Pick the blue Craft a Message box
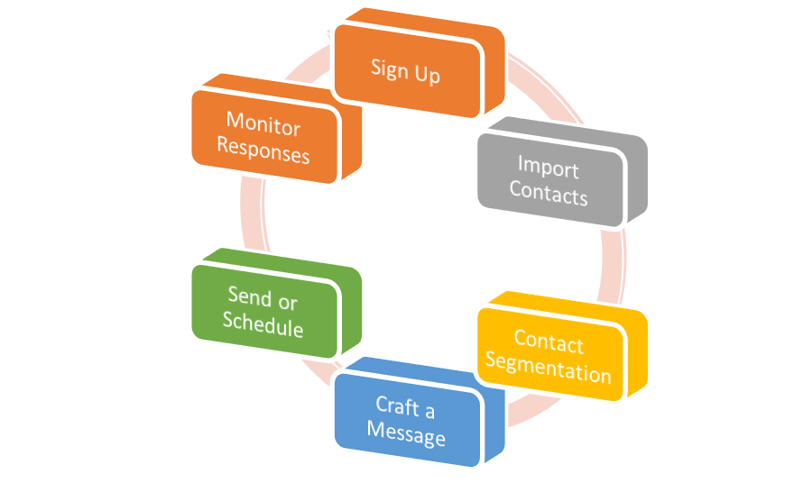pyautogui.click(x=406, y=423)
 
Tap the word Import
pyautogui.click(x=548, y=167)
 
